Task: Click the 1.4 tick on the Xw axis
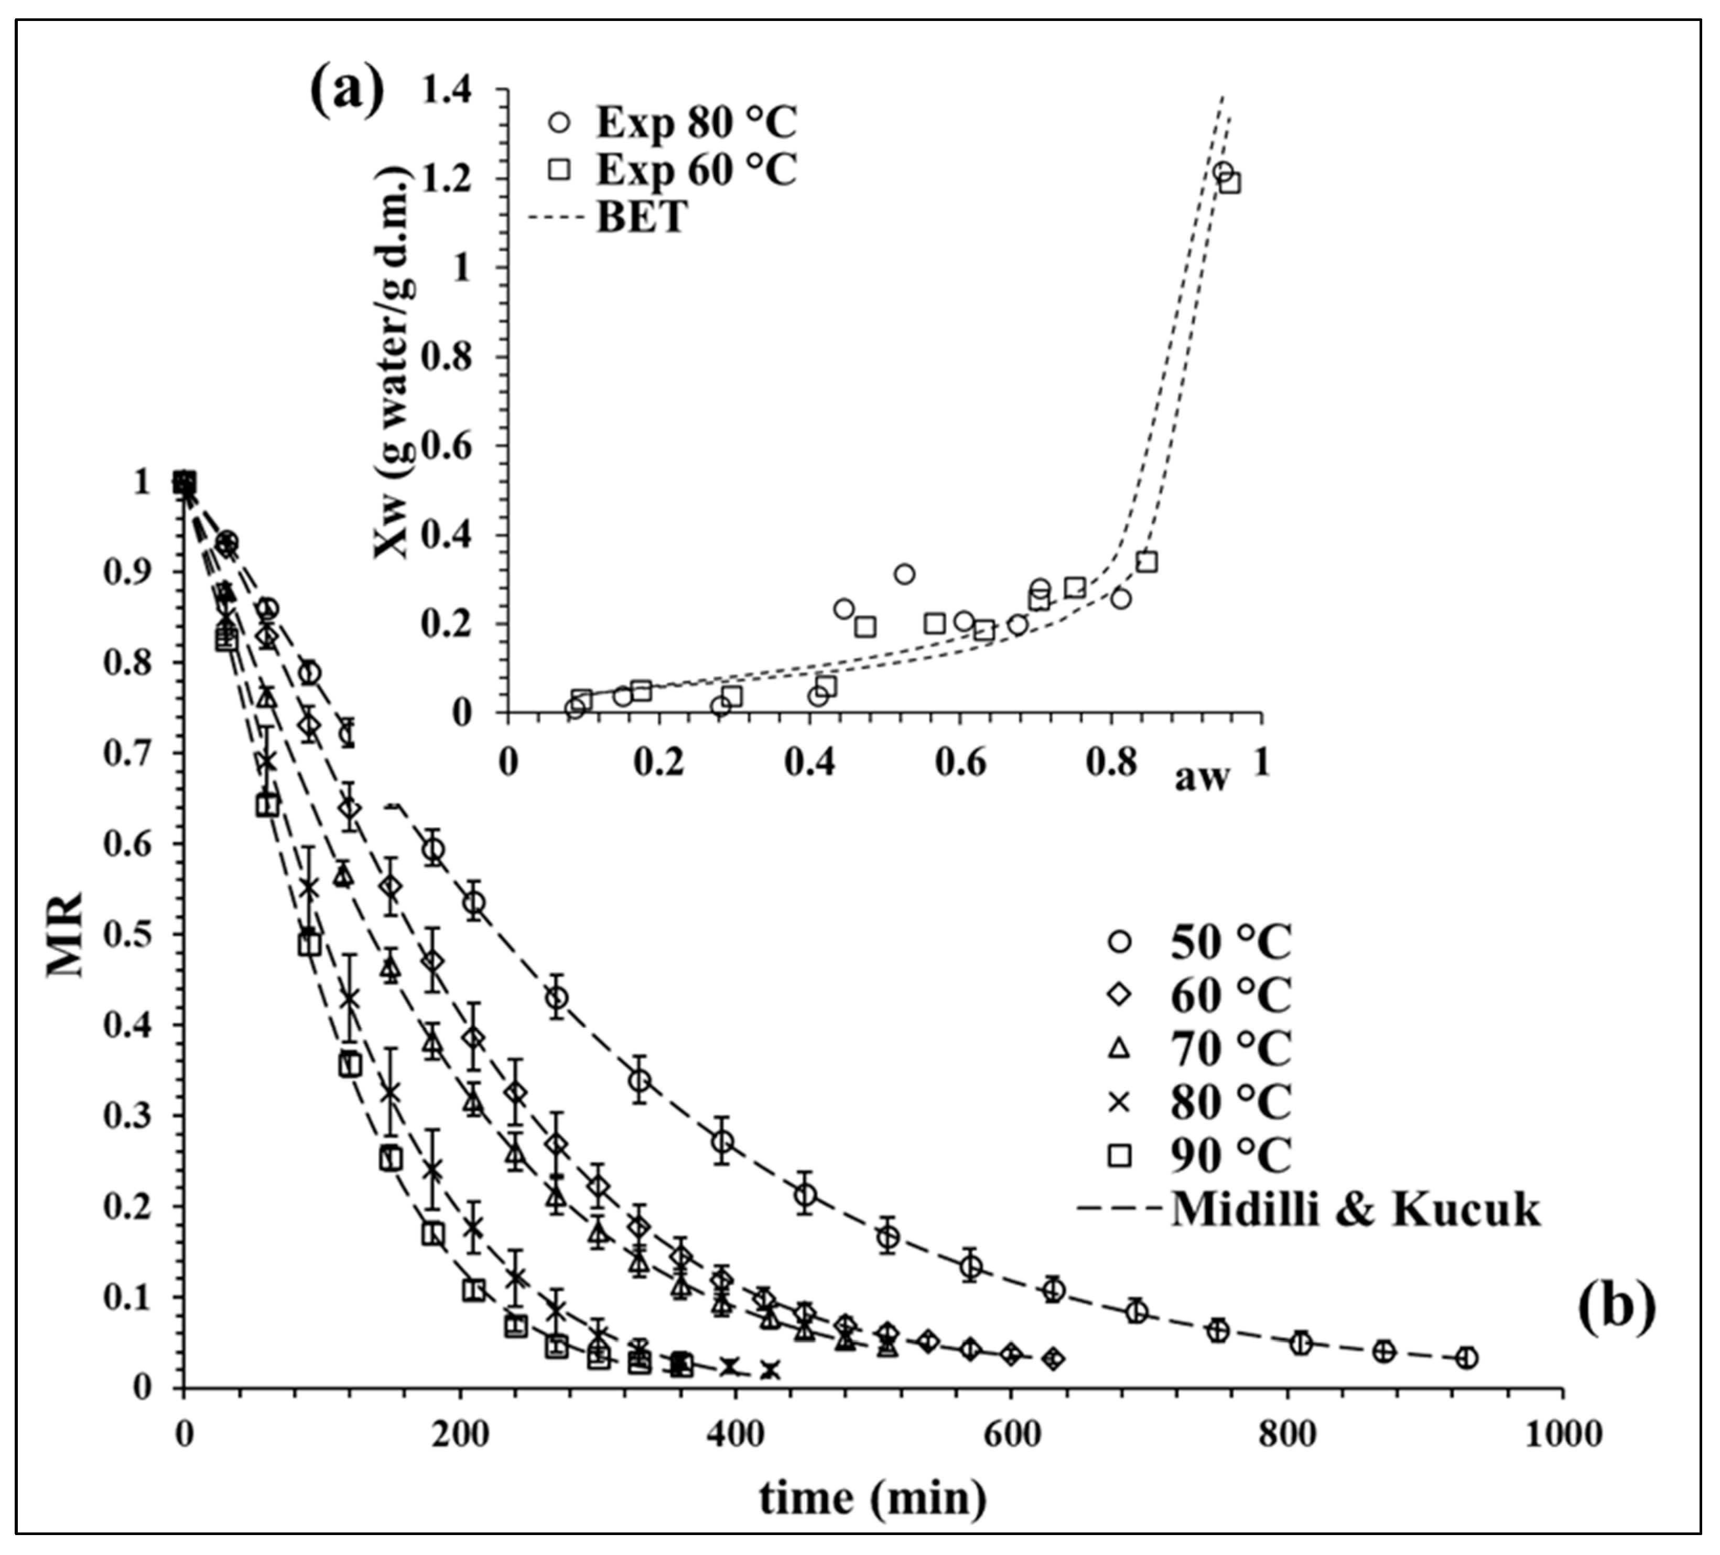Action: tap(459, 90)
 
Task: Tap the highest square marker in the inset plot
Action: tap(1229, 183)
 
